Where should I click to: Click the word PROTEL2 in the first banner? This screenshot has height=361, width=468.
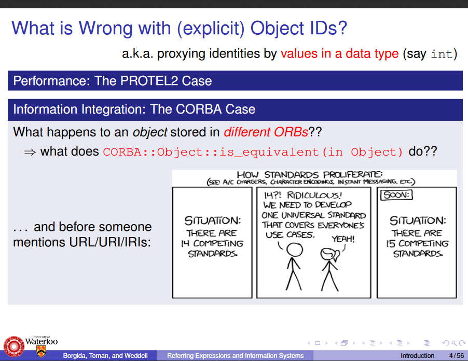coord(149,81)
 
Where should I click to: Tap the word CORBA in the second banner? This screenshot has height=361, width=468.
coord(199,109)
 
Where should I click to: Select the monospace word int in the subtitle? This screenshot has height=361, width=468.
coord(442,54)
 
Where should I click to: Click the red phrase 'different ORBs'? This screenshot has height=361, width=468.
coord(266,132)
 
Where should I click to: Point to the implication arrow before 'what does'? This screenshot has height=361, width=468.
coord(30,152)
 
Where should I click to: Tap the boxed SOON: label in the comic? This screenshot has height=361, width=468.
coord(396,195)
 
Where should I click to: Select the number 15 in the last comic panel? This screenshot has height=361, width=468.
coord(391,244)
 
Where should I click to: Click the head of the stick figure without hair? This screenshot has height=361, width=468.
coord(295,249)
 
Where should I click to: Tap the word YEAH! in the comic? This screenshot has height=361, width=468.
coord(343,239)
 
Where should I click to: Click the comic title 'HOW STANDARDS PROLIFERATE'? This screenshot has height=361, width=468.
coord(310,174)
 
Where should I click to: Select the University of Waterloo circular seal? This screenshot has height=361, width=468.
coord(13,346)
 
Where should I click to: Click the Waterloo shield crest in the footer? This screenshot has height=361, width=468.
coord(41,351)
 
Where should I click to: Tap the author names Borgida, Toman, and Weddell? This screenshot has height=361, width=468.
coord(105,356)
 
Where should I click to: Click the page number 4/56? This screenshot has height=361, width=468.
coord(457,356)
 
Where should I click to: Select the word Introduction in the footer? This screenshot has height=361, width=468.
coord(417,356)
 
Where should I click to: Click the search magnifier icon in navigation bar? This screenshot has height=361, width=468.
coord(454,343)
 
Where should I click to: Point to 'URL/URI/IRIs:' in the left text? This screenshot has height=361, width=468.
coord(110,242)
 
